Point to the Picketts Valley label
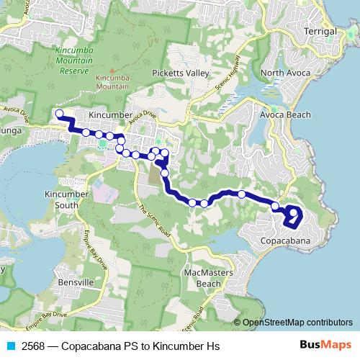[x=180, y=73]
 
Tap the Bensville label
[x=78, y=282]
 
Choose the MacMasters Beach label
[x=202, y=279]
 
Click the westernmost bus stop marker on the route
[x=60, y=113]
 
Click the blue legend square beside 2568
[x=11, y=346]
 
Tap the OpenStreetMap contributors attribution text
[x=297, y=322]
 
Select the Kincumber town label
[x=109, y=114]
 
